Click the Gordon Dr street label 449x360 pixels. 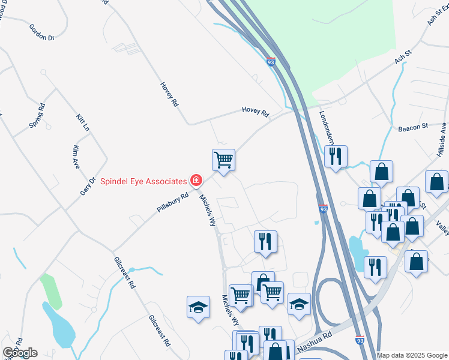coord(42,32)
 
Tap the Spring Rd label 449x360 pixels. coord(37,116)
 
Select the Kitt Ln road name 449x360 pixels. coord(82,123)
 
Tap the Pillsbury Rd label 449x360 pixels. coord(173,202)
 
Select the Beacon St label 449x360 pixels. coord(412,128)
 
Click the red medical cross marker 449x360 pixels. coord(195,179)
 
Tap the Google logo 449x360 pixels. coord(20,353)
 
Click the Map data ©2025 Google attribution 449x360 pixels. coord(412,355)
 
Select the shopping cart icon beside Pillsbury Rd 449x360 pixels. coord(223,160)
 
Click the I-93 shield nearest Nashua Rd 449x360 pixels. coord(360,340)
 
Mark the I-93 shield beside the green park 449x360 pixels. coord(271,62)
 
